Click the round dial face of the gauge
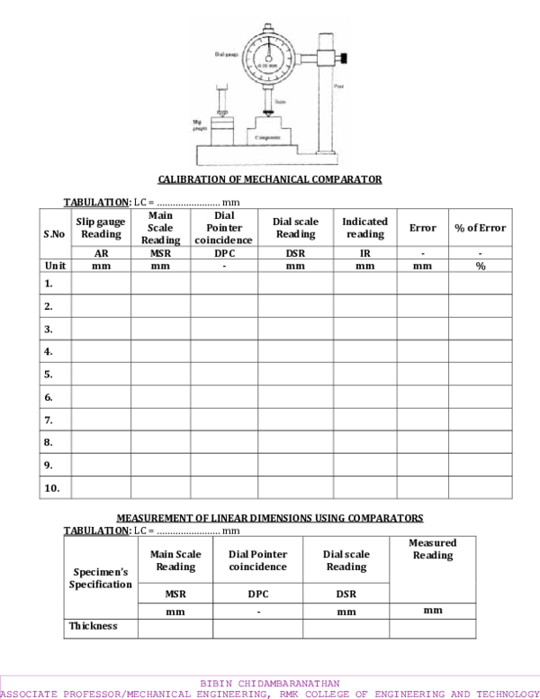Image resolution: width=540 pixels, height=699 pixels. (x=269, y=57)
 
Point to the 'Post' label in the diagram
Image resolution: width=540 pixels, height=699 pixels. (x=338, y=86)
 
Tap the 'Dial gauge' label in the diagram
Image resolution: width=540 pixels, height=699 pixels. (x=226, y=54)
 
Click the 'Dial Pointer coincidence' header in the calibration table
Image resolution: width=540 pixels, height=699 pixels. (x=223, y=228)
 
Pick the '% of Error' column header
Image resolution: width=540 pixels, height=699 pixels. (x=481, y=228)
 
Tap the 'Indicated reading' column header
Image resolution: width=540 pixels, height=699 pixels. (x=364, y=228)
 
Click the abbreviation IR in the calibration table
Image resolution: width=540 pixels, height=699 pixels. (x=364, y=254)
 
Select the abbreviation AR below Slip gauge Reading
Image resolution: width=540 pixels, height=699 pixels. (x=101, y=254)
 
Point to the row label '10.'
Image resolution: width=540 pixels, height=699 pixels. (x=51, y=488)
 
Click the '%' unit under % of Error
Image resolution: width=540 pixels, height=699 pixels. (x=481, y=267)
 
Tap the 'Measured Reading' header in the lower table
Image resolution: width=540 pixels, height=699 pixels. (x=432, y=549)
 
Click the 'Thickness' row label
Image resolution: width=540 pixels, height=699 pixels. (x=94, y=626)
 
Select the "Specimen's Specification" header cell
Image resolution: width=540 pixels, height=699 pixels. (x=100, y=578)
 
